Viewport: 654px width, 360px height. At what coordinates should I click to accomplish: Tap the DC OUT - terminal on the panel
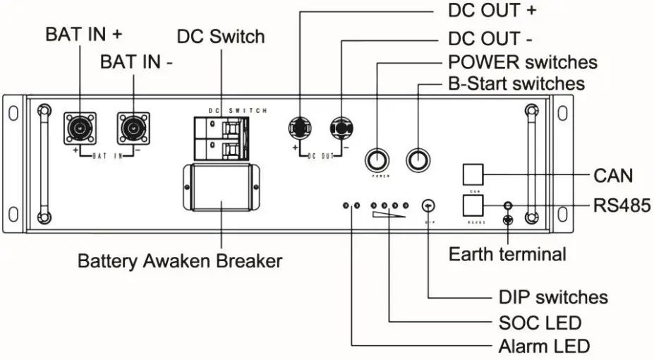click(x=341, y=128)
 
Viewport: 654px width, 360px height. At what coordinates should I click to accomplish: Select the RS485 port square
click(x=474, y=205)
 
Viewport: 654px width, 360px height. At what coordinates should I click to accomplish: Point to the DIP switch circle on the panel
click(x=428, y=205)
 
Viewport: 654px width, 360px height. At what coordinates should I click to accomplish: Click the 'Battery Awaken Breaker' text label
click(x=180, y=261)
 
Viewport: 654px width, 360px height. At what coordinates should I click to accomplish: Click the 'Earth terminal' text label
click(x=507, y=254)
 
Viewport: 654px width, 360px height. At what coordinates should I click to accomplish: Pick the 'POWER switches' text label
click(x=523, y=62)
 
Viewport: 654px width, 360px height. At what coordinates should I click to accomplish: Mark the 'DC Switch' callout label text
click(x=221, y=36)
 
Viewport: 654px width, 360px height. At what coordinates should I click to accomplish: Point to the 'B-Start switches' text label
click(x=516, y=84)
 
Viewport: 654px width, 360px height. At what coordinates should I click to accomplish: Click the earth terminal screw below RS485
click(x=506, y=220)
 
